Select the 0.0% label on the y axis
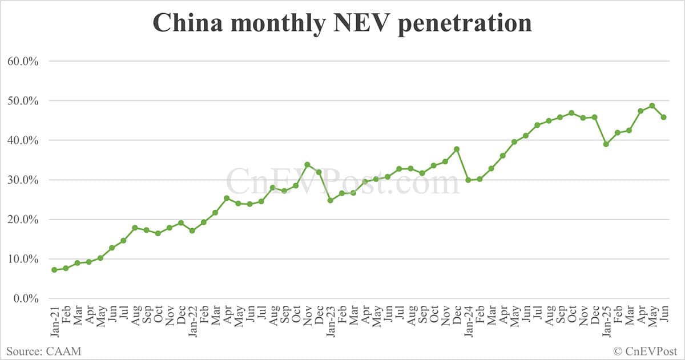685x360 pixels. point(26,298)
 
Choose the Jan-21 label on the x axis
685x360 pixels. point(55,323)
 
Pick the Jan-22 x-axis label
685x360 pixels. point(192,323)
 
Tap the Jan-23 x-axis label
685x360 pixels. point(331,323)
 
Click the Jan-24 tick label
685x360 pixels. point(469,323)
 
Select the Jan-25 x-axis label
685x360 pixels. point(606,323)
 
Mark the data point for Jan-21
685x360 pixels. point(54,270)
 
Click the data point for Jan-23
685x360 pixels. point(331,200)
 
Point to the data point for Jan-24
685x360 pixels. point(468,180)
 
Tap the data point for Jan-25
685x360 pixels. point(606,144)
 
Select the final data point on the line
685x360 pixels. point(664,117)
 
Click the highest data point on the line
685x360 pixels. point(652,106)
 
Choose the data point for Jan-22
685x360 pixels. point(192,230)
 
